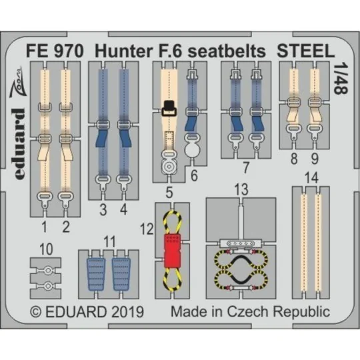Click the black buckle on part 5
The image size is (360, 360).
click(169, 105)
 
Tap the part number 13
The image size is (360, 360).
click(241, 190)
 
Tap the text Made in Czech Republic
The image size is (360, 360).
click(250, 311)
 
